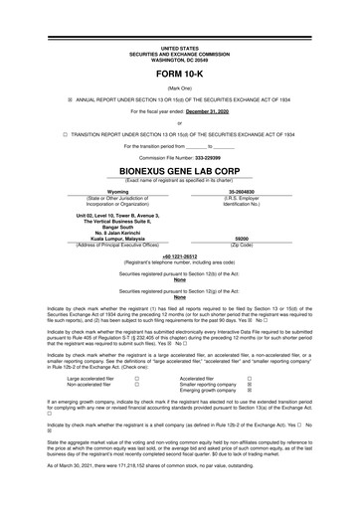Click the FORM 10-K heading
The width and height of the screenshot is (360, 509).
pyautogui.click(x=180, y=75)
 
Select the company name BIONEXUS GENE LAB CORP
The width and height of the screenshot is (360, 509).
pyautogui.click(x=180, y=170)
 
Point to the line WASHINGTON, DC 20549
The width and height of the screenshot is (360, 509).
pyautogui.click(x=180, y=59)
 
